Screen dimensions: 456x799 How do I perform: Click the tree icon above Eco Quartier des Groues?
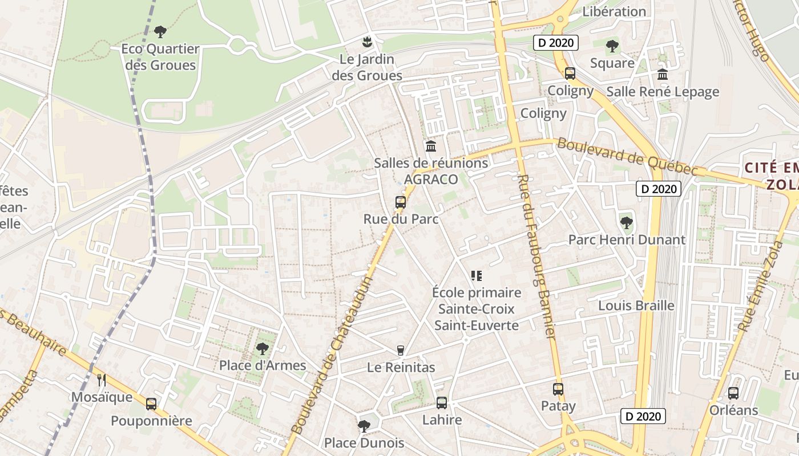coord(160,31)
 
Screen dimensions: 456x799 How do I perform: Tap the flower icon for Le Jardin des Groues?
coord(367,42)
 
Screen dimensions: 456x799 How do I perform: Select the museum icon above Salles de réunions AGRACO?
coord(431,146)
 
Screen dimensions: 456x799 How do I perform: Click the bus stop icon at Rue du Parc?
coord(401,202)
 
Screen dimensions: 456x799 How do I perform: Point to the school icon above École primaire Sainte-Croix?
coord(477,276)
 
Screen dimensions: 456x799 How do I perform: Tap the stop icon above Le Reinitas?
coord(401,351)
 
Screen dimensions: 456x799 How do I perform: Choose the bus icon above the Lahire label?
coord(442,403)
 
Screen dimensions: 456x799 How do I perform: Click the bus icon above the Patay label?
coord(558,389)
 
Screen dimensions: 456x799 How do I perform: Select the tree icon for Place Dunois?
coord(364,426)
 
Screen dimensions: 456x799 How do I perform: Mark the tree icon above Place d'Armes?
coord(263,348)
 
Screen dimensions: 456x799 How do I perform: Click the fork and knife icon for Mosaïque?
coord(102,380)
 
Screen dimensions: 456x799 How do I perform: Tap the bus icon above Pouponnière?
coord(151,404)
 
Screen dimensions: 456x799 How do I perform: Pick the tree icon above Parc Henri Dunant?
coord(627,223)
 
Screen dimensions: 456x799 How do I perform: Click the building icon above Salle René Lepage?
coord(663,75)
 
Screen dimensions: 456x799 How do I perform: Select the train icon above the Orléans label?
coord(733,393)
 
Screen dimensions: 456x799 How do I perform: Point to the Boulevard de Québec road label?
coord(627,157)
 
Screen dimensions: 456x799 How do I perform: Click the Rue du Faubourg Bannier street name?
coord(537,256)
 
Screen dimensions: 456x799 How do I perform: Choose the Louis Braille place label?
coord(636,306)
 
